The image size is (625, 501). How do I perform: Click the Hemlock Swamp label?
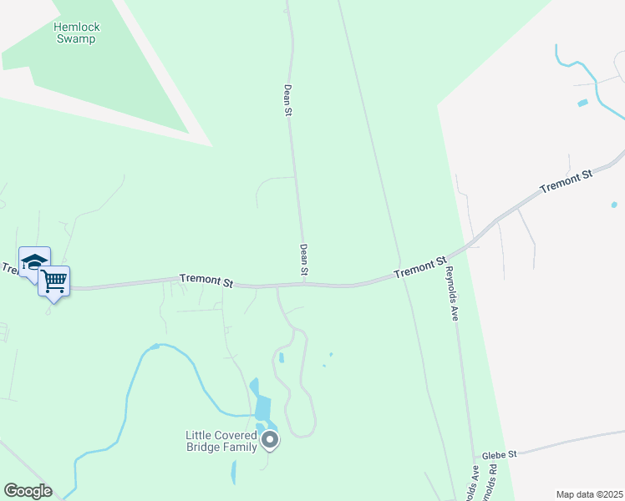(x=77, y=33)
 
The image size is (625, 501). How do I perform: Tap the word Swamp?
(x=77, y=38)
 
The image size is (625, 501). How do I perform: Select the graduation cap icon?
(x=34, y=261)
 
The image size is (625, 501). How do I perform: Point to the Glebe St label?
(x=501, y=453)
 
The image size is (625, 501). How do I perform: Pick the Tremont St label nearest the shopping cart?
(x=206, y=281)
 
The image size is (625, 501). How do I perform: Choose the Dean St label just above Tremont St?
(x=304, y=261)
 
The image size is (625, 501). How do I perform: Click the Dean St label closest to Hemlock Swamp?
(x=287, y=99)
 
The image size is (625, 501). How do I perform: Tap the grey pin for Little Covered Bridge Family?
(x=270, y=439)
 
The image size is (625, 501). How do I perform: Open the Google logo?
(x=28, y=491)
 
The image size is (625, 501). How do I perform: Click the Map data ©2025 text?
(x=589, y=494)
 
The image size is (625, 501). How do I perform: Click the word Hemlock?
(x=77, y=27)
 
